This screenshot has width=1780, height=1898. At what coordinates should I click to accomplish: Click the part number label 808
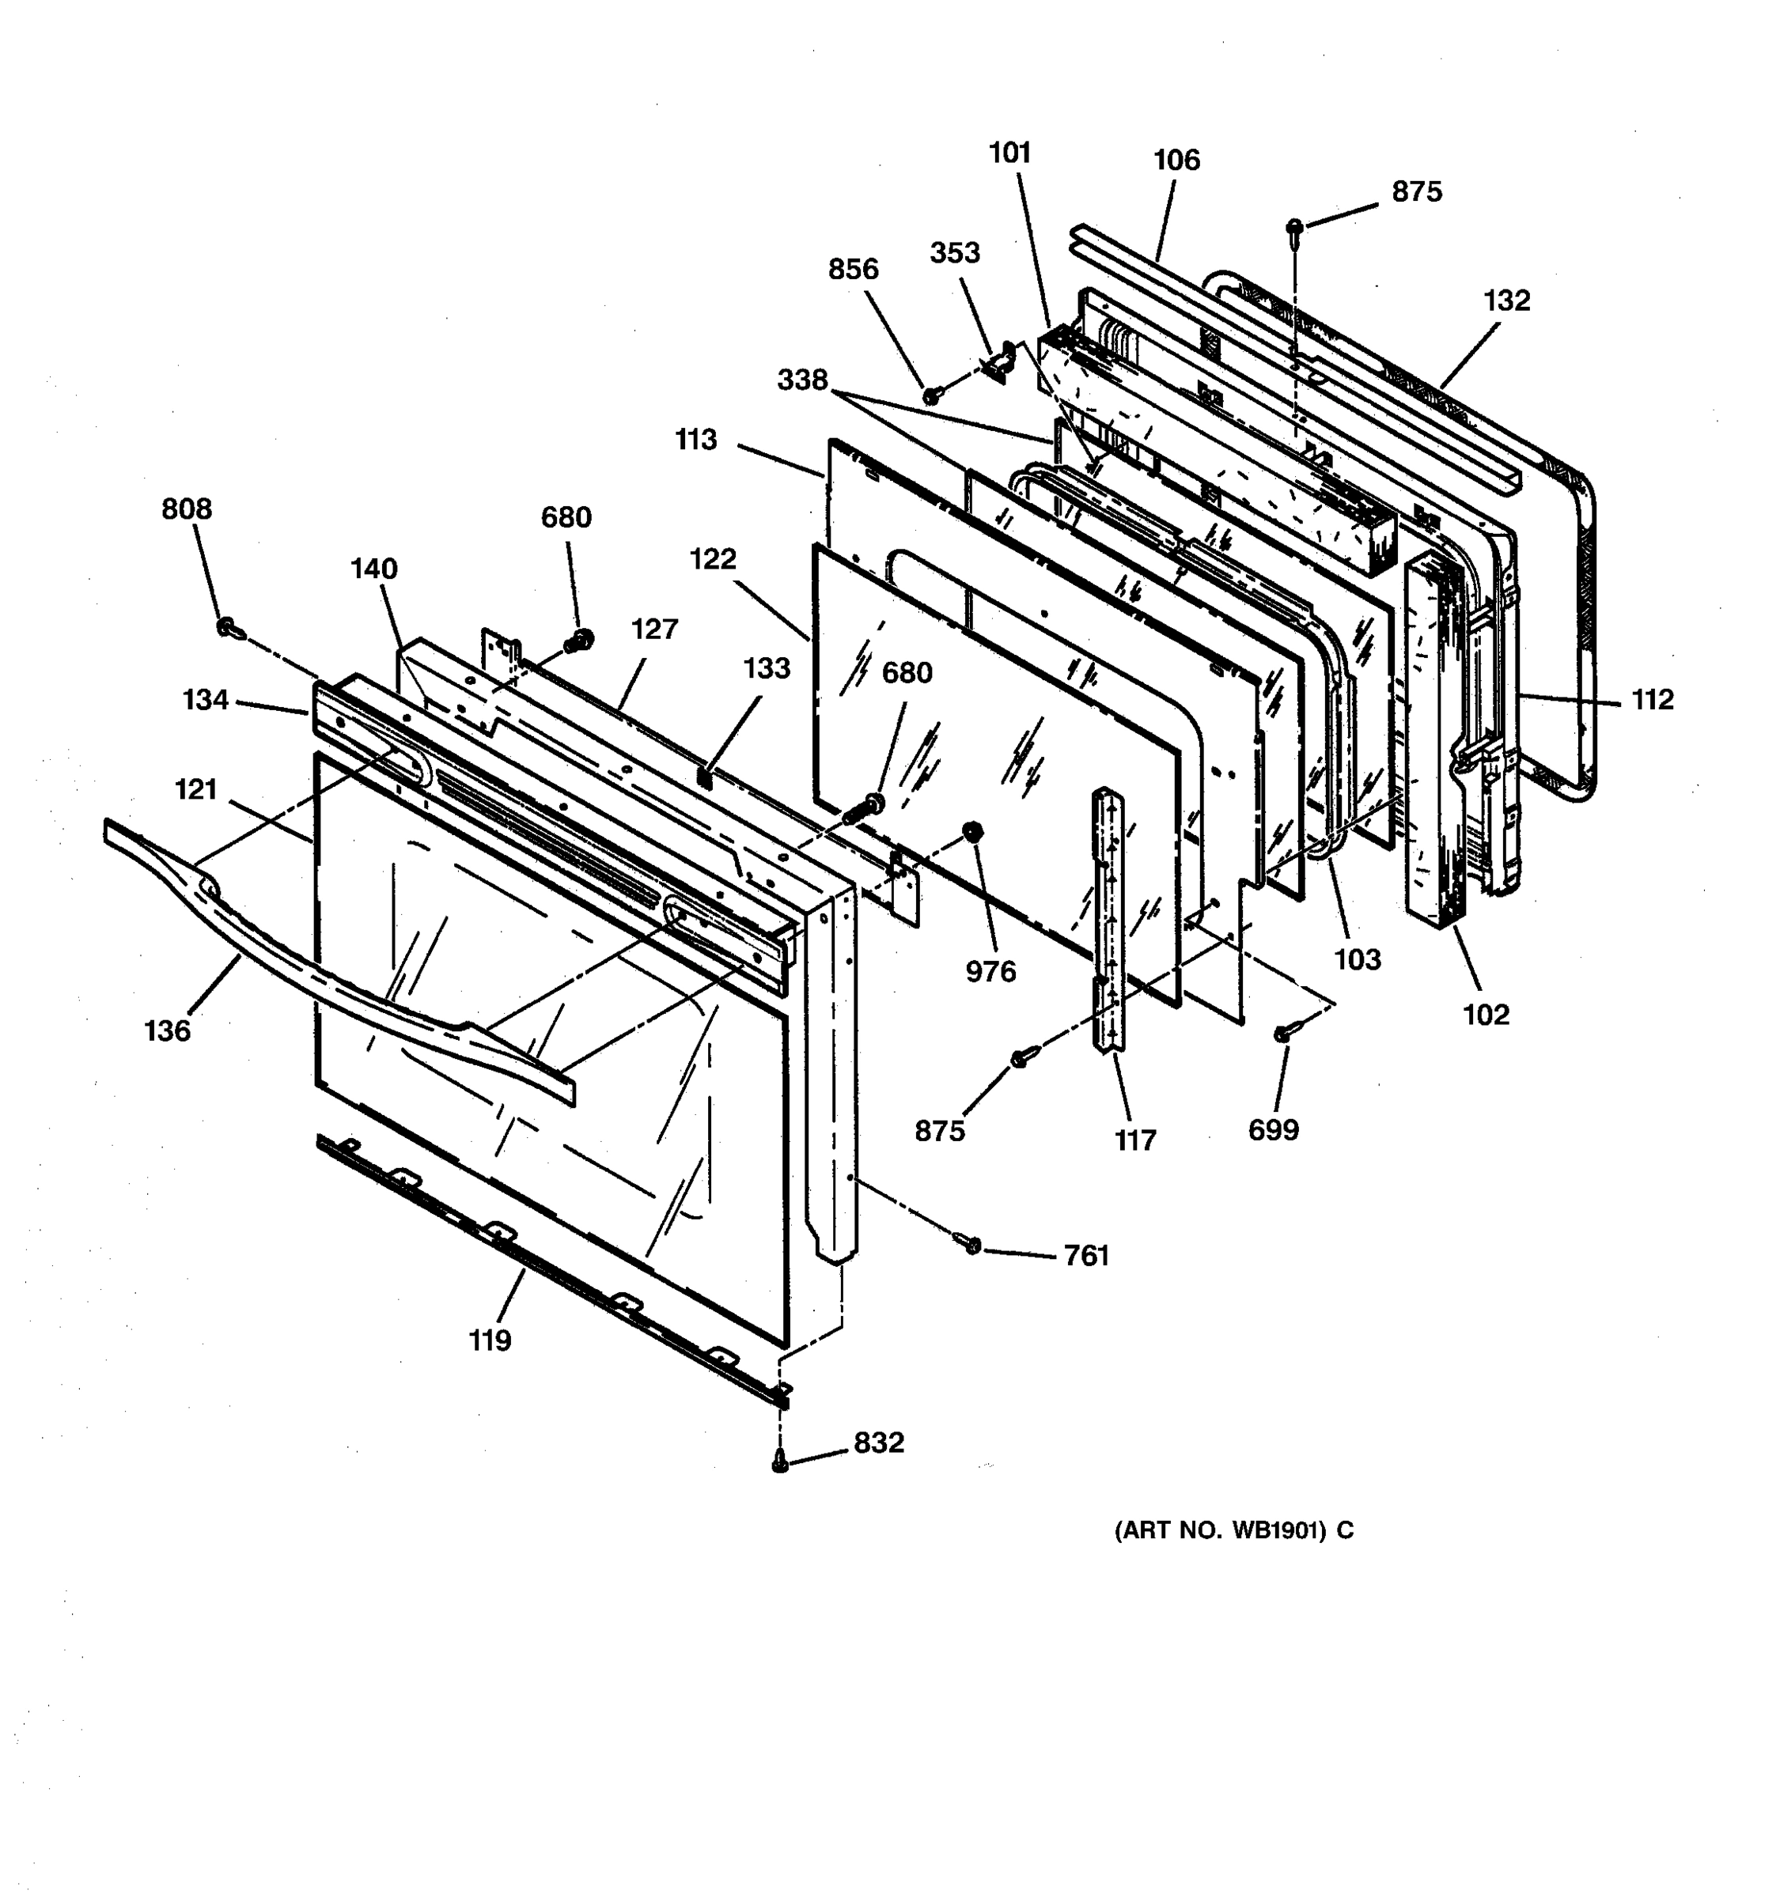186,509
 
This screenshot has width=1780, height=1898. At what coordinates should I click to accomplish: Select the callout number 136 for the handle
167,1031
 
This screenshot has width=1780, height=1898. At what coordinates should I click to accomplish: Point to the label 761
1087,1256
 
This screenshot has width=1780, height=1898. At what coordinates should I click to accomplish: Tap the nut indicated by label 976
973,830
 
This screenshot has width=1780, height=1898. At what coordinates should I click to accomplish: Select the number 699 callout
1273,1130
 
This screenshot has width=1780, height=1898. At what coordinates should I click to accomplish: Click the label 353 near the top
955,253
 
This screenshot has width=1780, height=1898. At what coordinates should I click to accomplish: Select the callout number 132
1507,301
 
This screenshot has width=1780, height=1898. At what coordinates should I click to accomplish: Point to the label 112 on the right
1652,700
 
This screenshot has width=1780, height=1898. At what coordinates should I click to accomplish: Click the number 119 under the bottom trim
490,1340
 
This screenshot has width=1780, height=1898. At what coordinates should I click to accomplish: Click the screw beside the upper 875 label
1295,227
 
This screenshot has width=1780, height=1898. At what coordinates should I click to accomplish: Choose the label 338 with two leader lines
802,380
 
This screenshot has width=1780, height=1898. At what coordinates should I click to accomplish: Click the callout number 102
1486,1014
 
